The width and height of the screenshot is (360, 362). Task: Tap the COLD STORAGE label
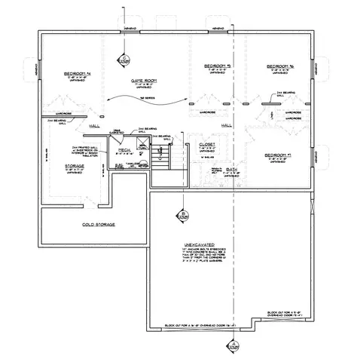click(97, 225)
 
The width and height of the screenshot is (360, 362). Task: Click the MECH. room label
click(124, 151)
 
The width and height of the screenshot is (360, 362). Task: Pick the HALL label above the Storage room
click(95, 127)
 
